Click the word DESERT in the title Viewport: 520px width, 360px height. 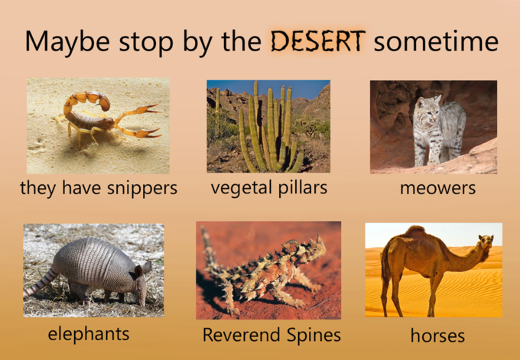317,41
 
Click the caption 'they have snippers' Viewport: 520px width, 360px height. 99,187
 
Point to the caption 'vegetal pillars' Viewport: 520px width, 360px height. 268,186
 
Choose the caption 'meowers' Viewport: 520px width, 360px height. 437,187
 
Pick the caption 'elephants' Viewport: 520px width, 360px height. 89,333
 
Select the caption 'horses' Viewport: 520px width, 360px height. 437,335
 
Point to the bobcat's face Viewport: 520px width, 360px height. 426,114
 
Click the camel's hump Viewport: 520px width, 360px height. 415,232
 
